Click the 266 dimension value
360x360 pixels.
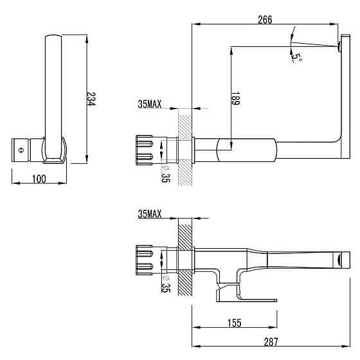pyautogui.click(x=265, y=20)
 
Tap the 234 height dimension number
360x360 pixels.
pyautogui.click(x=91, y=99)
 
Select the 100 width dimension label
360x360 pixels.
pyautogui.click(x=39, y=179)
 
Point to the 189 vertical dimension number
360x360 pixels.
pyautogui.click(x=235, y=99)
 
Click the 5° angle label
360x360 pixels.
pyautogui.click(x=296, y=58)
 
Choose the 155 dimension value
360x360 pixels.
pyautogui.click(x=235, y=323)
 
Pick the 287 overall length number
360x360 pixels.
pyautogui.click(x=271, y=342)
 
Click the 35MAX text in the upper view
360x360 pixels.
pyautogui.click(x=149, y=104)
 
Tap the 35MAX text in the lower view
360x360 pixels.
pyautogui.click(x=149, y=214)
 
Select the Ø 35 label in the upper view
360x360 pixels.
pyautogui.click(x=165, y=174)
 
